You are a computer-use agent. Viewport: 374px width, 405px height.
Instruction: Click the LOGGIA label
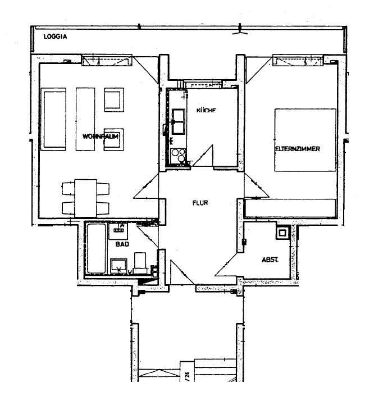click(55, 37)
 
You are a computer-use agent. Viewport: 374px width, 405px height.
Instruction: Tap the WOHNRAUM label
click(101, 136)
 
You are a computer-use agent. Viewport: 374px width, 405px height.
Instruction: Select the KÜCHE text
click(206, 110)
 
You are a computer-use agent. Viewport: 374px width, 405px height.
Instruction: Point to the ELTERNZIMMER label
click(298, 149)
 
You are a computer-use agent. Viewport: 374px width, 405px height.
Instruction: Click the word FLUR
click(200, 203)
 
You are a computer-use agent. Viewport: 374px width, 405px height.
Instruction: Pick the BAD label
click(122, 244)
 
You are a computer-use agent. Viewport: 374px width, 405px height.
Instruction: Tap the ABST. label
click(270, 260)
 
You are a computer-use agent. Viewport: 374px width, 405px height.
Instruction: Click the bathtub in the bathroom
click(97, 249)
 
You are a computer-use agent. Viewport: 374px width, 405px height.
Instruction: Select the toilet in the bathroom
click(140, 263)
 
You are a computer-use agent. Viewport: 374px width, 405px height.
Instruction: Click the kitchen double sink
click(179, 121)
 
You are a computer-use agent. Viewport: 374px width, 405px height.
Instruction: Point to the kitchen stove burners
click(179, 155)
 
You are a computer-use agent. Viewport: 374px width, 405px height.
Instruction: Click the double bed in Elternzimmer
click(305, 140)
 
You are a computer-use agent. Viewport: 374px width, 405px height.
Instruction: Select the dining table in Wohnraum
click(86, 198)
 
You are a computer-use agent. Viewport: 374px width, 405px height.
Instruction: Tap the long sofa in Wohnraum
click(53, 119)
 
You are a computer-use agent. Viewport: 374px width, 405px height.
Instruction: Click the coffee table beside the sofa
click(85, 119)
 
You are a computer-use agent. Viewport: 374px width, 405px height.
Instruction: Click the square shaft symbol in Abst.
click(283, 233)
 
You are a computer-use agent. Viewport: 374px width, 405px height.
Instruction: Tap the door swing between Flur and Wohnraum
click(146, 186)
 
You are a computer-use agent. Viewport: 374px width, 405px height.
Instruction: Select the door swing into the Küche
click(203, 156)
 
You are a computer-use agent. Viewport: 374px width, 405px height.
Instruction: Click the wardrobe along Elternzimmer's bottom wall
click(290, 208)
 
